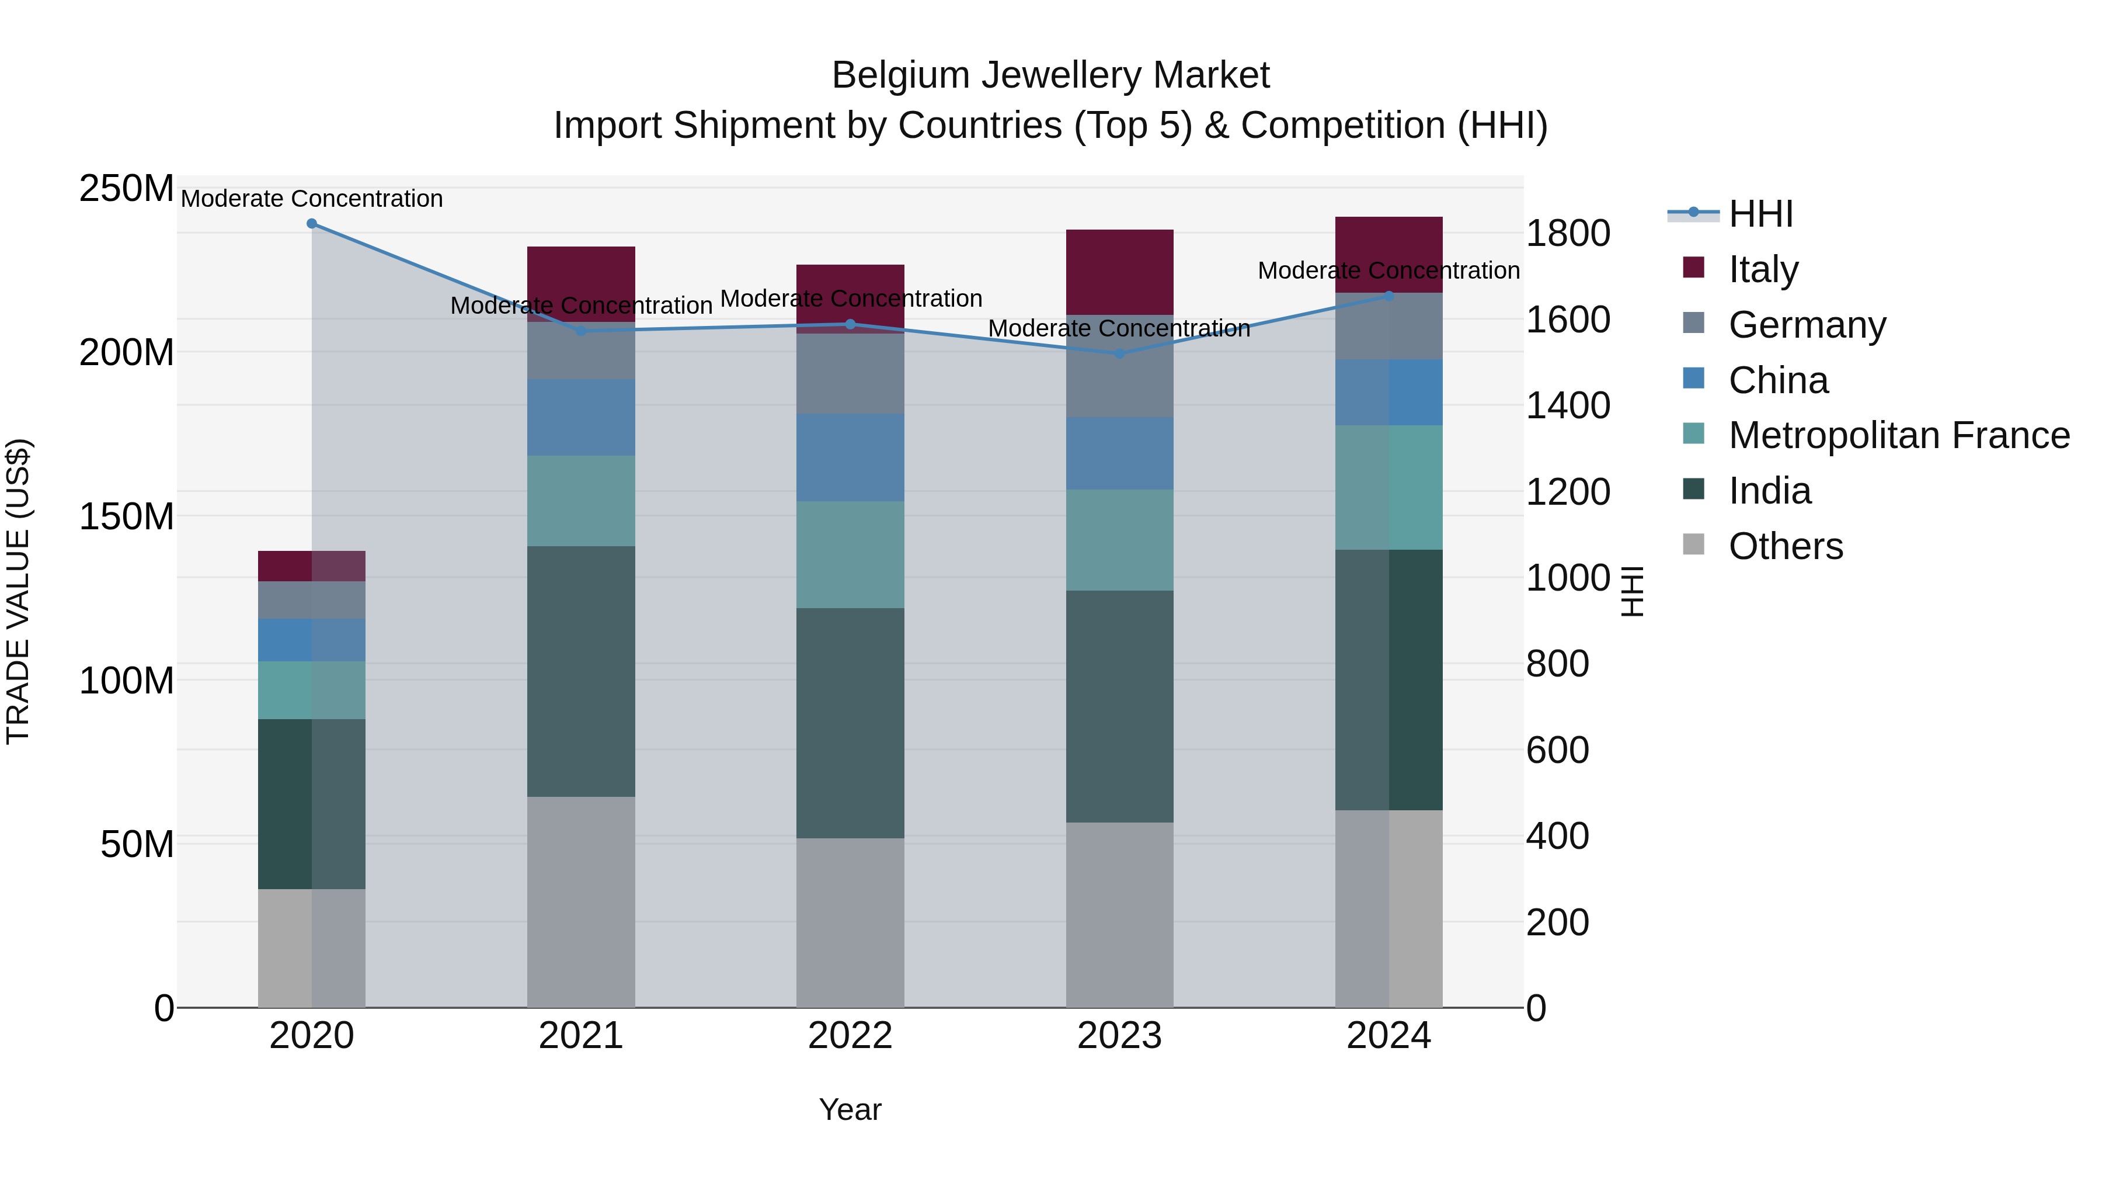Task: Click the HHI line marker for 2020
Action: point(312,224)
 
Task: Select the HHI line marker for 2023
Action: point(1119,353)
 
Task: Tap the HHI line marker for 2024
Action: point(1389,296)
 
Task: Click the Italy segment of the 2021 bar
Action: point(581,273)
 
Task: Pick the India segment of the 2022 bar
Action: point(850,723)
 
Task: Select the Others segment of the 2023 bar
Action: point(1119,914)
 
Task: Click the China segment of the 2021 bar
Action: point(581,417)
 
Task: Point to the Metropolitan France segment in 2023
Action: point(1119,540)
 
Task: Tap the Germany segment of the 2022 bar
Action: point(850,374)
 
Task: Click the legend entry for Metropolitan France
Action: point(1899,435)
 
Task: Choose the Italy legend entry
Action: point(1763,269)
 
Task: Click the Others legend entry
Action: point(1786,546)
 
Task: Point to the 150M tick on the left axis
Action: point(127,517)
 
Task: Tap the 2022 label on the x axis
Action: point(850,1036)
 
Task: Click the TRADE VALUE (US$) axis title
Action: point(18,591)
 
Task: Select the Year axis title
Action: point(850,1109)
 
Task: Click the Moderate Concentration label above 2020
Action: point(312,199)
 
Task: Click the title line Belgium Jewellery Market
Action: point(1050,75)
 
